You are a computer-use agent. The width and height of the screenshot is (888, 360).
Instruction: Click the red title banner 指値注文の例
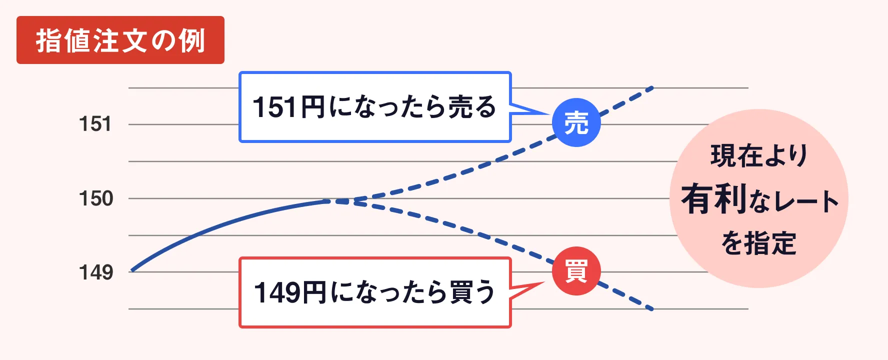coord(120,40)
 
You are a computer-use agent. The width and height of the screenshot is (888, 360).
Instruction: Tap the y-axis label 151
coord(95,124)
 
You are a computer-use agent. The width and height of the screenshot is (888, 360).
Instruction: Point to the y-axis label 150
coord(96,198)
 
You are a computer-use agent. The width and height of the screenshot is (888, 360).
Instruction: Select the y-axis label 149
coord(96,272)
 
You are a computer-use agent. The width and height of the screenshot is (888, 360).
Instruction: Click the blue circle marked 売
coord(576,122)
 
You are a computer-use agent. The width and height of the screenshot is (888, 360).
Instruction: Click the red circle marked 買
coord(576,271)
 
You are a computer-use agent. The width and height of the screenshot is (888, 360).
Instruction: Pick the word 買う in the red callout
coord(472,292)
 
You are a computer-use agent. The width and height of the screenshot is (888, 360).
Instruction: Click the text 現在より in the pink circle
coord(758,155)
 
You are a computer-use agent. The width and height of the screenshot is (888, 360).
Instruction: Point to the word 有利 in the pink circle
coord(714,199)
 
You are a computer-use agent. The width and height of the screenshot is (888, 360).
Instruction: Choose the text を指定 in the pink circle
coord(758,243)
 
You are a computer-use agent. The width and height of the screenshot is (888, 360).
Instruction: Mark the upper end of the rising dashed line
coord(652,88)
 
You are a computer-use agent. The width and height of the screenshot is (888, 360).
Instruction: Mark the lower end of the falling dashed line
coord(652,309)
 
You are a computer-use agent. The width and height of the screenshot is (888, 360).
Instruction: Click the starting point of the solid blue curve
coord(131,271)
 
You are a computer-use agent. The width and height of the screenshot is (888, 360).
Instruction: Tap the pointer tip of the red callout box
coord(544,283)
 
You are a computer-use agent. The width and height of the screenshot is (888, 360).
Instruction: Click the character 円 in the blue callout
coord(312,107)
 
